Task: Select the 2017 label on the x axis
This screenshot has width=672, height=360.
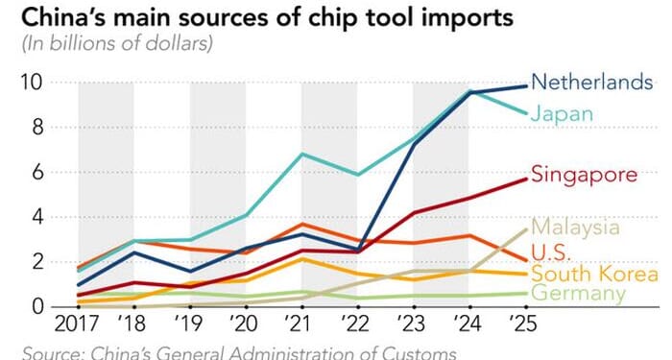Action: pos(79,325)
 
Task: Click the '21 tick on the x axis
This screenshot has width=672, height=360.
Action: pos(300,325)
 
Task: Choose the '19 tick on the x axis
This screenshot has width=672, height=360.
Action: pos(189,325)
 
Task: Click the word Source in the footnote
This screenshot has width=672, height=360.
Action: pos(52,350)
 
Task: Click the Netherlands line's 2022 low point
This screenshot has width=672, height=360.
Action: pos(357,251)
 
